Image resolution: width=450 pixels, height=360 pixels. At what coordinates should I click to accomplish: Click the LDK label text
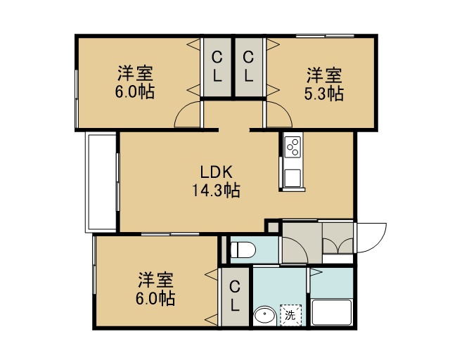tap(216, 172)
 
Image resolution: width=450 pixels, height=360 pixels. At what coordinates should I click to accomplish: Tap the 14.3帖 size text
tap(216, 190)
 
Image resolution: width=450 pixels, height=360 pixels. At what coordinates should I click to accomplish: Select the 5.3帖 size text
tap(324, 94)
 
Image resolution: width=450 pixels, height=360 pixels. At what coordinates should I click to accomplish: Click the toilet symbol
tap(243, 250)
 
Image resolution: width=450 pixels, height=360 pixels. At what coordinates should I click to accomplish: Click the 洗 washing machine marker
tap(290, 315)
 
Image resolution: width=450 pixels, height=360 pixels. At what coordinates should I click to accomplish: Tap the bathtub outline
tap(332, 313)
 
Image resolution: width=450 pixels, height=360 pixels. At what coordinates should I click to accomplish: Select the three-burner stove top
tap(292, 146)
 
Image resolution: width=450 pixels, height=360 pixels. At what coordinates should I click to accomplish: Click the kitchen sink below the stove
tap(292, 178)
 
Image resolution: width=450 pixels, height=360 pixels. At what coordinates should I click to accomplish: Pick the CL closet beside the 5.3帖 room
tap(248, 67)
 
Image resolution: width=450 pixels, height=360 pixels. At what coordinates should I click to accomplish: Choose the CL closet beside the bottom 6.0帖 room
tap(235, 296)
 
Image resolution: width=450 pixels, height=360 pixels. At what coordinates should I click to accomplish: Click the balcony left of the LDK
tap(101, 182)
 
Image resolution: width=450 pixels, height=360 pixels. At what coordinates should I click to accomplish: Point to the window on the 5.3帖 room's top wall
tap(325, 36)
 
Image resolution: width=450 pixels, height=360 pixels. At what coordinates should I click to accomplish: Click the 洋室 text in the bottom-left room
tap(156, 280)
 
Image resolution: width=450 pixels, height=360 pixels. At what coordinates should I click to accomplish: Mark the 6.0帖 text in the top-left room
tap(135, 92)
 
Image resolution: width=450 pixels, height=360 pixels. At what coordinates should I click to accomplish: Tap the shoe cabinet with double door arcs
tap(337, 238)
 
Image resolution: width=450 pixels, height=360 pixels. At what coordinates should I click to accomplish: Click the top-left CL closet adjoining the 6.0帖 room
tap(217, 67)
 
